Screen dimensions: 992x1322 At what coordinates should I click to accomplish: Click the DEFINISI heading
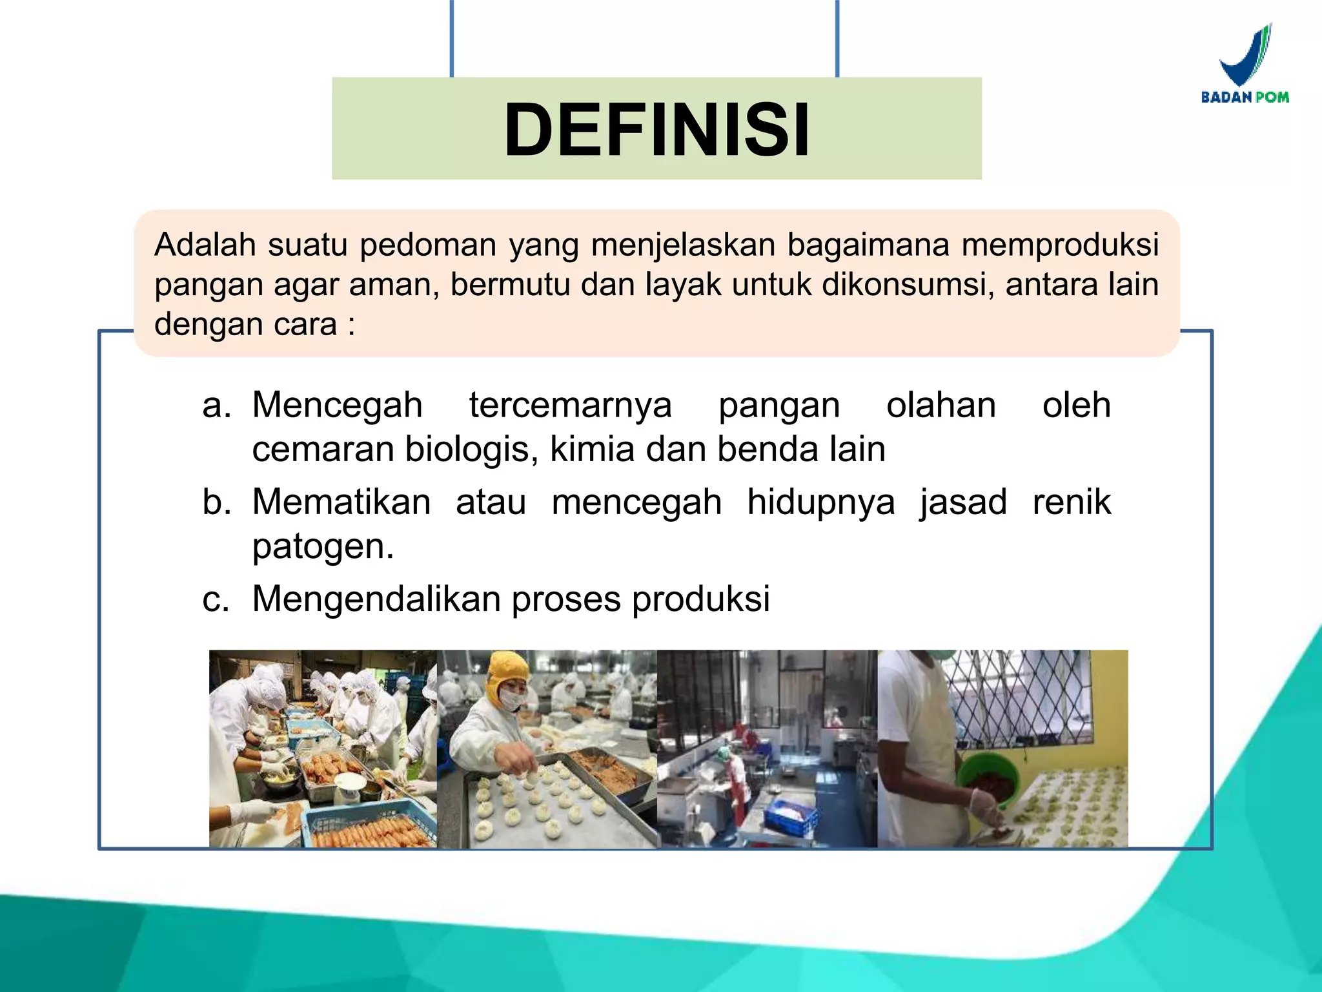point(656,129)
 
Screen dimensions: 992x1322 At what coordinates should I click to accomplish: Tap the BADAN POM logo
point(1245,65)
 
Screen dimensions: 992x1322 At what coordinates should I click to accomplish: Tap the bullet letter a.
point(216,406)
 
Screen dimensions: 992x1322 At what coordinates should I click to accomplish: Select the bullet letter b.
point(216,502)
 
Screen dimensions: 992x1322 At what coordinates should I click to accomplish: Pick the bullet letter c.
point(216,599)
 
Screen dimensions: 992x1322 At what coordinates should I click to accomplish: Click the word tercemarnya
point(571,406)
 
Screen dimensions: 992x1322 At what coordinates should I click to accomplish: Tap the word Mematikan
point(341,502)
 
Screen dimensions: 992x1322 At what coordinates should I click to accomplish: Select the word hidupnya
point(821,503)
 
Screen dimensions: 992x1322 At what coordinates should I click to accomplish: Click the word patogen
point(322,546)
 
